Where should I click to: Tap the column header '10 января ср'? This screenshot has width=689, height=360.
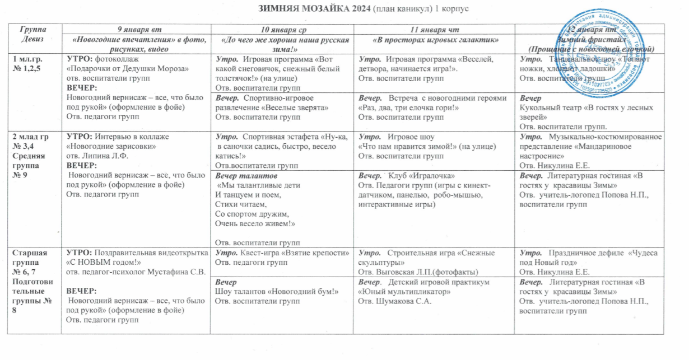click(283, 29)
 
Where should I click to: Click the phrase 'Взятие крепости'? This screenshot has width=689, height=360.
click(317, 253)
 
